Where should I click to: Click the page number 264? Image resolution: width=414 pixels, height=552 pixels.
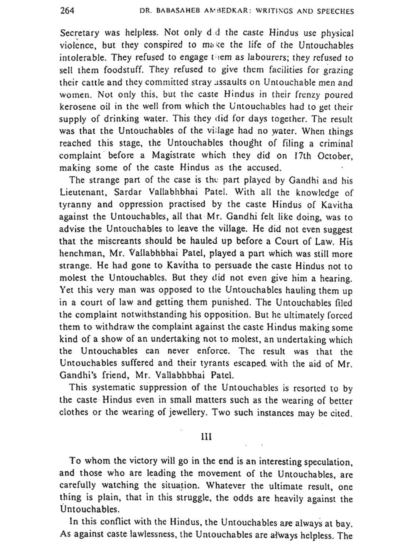[x=67, y=11]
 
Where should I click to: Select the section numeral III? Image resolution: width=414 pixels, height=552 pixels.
[x=207, y=437]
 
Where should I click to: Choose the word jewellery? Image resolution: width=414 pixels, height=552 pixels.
[x=185, y=413]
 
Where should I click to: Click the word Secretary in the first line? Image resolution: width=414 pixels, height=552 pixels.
[x=79, y=33]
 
